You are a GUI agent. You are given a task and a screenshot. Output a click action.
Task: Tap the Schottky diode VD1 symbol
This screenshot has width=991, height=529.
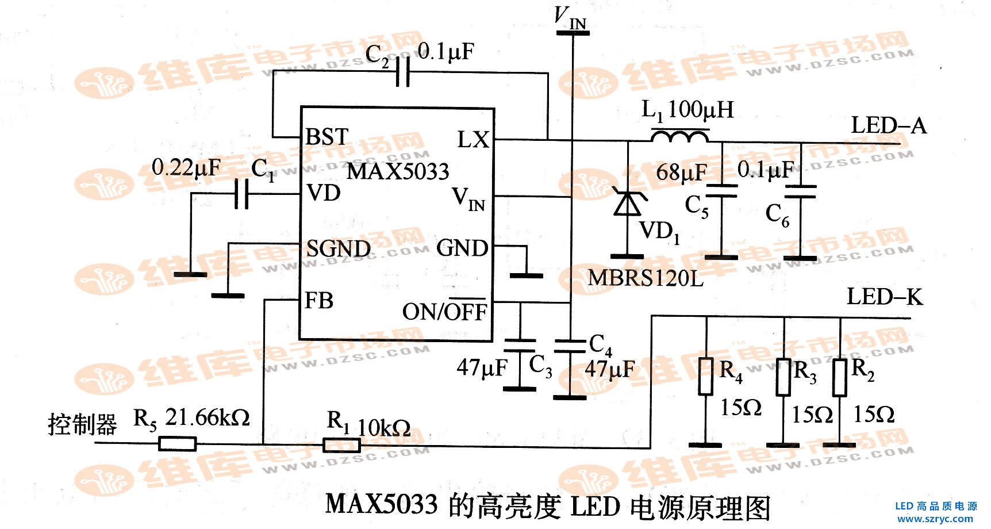627,202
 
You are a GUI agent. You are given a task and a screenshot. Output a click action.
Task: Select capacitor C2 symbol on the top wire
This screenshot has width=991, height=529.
403,73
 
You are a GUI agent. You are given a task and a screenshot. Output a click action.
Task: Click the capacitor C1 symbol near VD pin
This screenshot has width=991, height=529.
242,194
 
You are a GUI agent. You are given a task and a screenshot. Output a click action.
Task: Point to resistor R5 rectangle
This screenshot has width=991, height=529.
177,443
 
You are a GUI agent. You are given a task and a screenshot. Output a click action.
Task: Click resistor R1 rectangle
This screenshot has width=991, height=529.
341,445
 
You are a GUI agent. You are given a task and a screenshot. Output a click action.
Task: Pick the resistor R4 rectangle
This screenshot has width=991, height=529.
705,377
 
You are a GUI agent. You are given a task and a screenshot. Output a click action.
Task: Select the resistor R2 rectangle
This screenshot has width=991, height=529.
839,378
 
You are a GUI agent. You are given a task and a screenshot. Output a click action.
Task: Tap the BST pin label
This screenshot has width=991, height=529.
327,137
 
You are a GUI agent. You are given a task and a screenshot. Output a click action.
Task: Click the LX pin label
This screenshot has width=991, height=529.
473,140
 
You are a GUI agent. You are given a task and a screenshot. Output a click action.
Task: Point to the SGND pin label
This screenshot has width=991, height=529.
338,249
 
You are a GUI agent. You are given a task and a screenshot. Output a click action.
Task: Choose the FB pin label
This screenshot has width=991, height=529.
319,301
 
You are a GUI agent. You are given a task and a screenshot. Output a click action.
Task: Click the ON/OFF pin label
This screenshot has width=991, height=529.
444,311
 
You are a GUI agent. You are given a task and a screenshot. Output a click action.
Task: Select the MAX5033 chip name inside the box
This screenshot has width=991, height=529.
398,171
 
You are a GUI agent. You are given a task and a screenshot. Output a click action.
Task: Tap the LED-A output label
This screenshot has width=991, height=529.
888,125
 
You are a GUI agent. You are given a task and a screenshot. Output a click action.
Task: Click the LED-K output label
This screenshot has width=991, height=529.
884,297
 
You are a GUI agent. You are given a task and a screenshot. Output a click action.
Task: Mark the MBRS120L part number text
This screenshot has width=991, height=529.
645,278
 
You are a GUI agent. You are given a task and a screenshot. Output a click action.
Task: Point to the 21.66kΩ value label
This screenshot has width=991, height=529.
208,417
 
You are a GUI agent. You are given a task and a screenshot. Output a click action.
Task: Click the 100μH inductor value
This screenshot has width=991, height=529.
701,109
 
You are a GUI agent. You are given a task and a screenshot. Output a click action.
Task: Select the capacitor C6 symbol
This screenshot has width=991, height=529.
800,191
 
